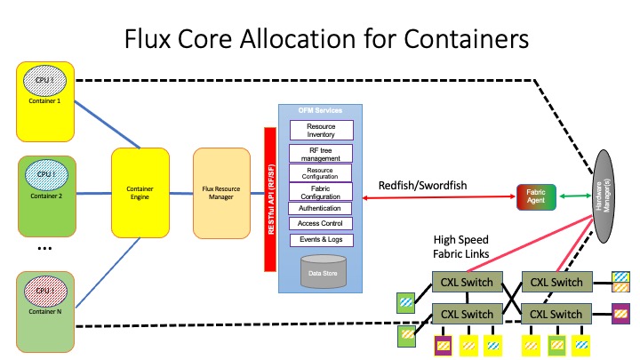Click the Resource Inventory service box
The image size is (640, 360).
point(321,131)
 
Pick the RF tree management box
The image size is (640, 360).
point(321,154)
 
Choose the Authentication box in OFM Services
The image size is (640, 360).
point(321,208)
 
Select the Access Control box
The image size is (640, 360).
point(321,224)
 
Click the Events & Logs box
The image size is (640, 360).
point(321,240)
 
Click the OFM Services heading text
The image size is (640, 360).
point(321,110)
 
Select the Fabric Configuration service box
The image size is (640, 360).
point(321,189)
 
